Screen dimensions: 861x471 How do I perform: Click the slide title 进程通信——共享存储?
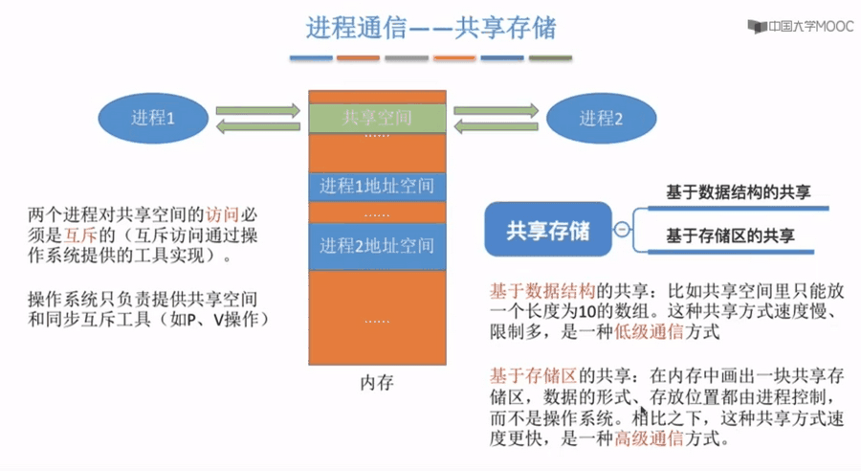(431, 28)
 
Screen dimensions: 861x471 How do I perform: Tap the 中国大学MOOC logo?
(801, 26)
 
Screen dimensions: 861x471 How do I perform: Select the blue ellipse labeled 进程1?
(153, 118)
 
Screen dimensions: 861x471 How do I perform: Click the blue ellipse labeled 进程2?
(602, 118)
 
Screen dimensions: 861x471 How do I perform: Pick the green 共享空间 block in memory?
(377, 118)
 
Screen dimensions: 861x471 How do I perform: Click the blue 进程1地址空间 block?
(377, 187)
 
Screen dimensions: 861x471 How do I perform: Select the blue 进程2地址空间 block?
(377, 246)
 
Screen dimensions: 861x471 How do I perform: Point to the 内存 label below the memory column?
(377, 383)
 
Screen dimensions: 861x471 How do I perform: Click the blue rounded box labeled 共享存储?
(548, 230)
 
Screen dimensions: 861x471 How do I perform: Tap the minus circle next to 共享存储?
(622, 229)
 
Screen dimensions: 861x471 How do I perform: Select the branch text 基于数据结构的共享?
(738, 191)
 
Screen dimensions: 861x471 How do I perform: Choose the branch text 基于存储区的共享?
(730, 235)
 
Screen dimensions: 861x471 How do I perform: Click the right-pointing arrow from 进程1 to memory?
(258, 110)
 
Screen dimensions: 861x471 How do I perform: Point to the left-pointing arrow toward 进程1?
(258, 127)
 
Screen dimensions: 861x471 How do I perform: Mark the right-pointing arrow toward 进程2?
(497, 110)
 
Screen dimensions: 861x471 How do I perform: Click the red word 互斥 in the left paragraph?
(80, 235)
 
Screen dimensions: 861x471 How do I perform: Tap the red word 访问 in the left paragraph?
(222, 214)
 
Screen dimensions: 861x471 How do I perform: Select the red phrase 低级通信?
(649, 332)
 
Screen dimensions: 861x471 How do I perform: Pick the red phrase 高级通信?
(649, 438)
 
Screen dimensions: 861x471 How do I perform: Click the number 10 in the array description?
(587, 312)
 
